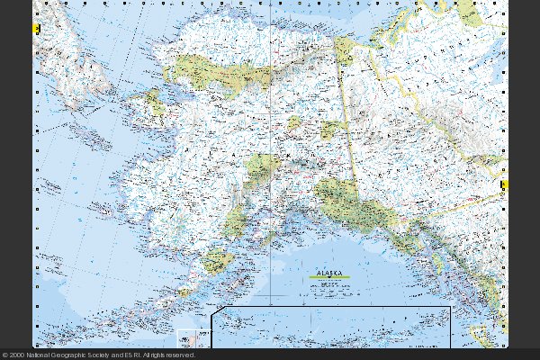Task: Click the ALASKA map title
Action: coord(328,268)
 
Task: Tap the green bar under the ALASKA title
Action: coord(329,276)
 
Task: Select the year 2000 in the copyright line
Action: coord(18,355)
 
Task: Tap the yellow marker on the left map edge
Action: coord(35,30)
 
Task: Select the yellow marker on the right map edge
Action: coord(504,184)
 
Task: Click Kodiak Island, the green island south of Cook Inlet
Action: coord(217,262)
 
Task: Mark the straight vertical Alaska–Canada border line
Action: coord(351,117)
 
